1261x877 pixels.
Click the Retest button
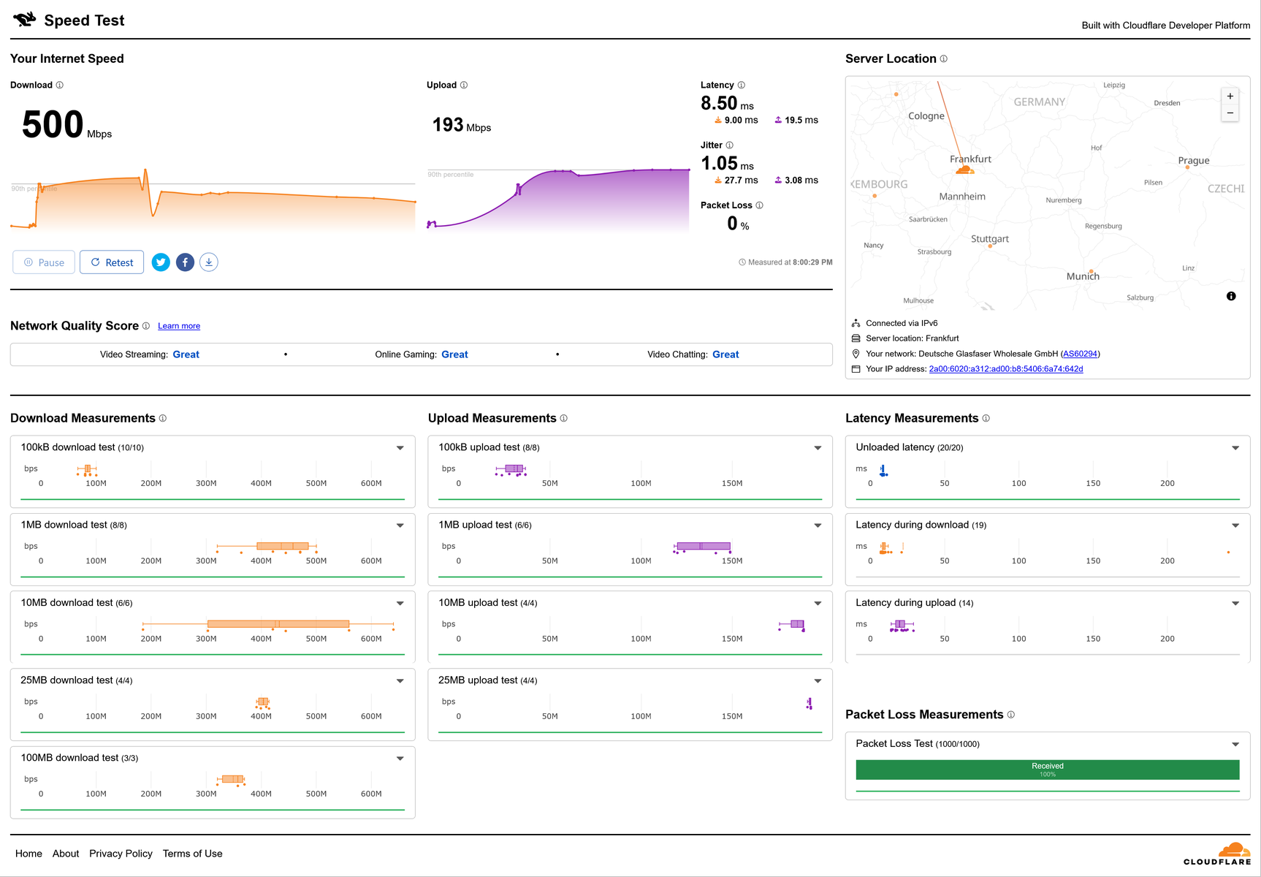(x=112, y=262)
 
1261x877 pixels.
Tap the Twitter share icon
(x=161, y=262)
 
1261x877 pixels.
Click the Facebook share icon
(x=185, y=262)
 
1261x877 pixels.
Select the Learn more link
(x=179, y=326)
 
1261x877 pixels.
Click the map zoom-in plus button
(x=1230, y=96)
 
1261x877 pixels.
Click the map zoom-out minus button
(x=1230, y=113)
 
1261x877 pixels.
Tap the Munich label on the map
(x=1083, y=276)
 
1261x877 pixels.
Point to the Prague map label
(x=1194, y=161)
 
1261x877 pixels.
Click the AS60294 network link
(x=1080, y=354)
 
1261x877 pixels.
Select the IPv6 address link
(x=1006, y=369)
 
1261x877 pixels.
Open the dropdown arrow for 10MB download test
(x=400, y=604)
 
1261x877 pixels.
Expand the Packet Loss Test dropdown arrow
(x=1235, y=745)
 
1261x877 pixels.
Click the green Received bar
(x=1048, y=770)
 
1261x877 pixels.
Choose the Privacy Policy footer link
(x=121, y=854)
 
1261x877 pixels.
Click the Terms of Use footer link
(x=193, y=854)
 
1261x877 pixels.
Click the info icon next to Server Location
(x=944, y=59)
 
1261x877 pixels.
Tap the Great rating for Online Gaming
(x=454, y=354)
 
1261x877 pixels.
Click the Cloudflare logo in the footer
(x=1217, y=854)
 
